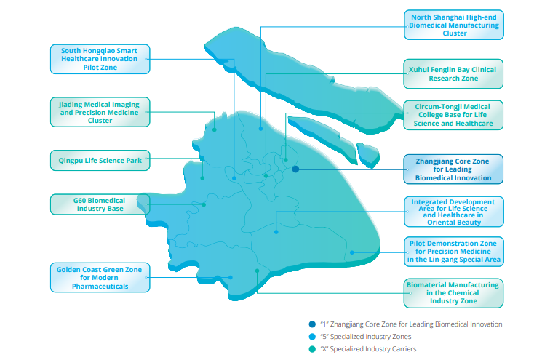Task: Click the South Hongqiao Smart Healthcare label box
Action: tap(100, 59)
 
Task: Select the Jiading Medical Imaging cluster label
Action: tap(100, 113)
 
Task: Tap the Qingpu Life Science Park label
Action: tap(100, 160)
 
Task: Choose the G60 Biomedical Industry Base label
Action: tap(100, 204)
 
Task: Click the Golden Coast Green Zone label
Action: tap(100, 278)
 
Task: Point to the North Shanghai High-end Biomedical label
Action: tap(455, 25)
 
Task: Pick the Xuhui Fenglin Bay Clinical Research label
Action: tap(455, 74)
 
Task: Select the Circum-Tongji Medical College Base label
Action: tap(455, 115)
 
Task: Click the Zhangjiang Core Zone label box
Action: tap(455, 169)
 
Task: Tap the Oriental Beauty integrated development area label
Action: tap(455, 212)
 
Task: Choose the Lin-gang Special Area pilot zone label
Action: tap(455, 251)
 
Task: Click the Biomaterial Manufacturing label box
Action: tap(455, 293)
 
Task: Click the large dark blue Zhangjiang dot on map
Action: tap(295, 169)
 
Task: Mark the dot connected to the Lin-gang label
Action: tap(352, 253)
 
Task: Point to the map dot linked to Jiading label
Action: tap(214, 129)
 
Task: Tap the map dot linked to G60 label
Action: tap(204, 204)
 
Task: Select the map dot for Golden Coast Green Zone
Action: tap(231, 277)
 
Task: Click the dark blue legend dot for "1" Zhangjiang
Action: tap(311, 324)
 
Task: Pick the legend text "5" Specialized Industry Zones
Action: tap(366, 337)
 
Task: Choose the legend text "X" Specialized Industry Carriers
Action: tap(369, 349)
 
